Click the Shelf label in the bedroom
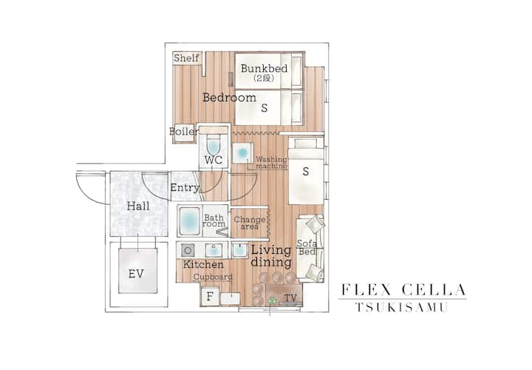pyautogui.click(x=186, y=58)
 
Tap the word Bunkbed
pyautogui.click(x=264, y=68)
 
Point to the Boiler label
pyautogui.click(x=183, y=131)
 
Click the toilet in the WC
pyautogui.click(x=214, y=145)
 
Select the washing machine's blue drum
pyautogui.click(x=242, y=153)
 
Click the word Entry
pyautogui.click(x=185, y=187)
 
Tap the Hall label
pyautogui.click(x=138, y=206)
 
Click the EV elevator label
pyautogui.click(x=136, y=274)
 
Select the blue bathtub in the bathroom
pyautogui.click(x=189, y=221)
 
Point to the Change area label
pyautogui.click(x=250, y=223)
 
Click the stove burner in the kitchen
pyautogui.click(x=188, y=251)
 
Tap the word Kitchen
pyautogui.click(x=203, y=264)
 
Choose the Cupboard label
pyautogui.click(x=213, y=277)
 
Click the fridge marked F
pyautogui.click(x=210, y=297)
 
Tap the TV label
pyautogui.click(x=290, y=298)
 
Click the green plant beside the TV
pyautogui.click(x=272, y=300)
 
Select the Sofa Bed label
pyautogui.click(x=307, y=247)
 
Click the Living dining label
pyautogui.click(x=271, y=256)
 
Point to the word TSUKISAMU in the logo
pyautogui.click(x=402, y=307)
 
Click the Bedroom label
pyautogui.click(x=229, y=98)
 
